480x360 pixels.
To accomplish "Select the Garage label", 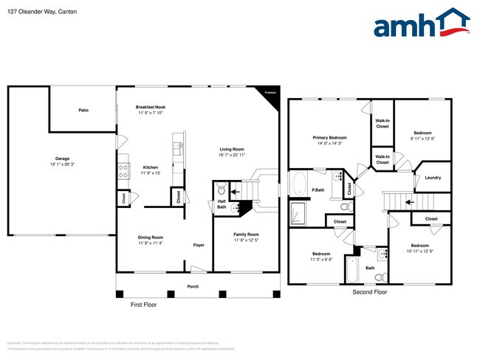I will click(63, 159).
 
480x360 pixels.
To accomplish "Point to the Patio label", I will click(83, 111).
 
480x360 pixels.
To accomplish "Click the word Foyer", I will click(199, 245).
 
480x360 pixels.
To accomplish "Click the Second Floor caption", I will click(369, 292).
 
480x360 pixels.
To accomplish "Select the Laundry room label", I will click(433, 178).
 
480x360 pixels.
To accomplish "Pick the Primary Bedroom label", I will click(329, 137).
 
